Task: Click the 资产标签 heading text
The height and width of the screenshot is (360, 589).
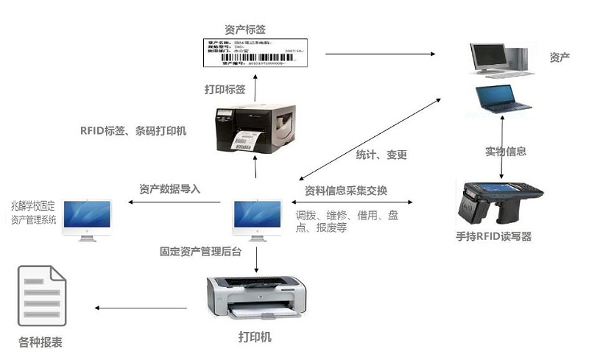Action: coord(245,29)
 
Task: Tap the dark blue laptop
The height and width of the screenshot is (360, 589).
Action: coord(502,99)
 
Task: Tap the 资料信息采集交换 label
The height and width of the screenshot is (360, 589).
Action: coord(346,190)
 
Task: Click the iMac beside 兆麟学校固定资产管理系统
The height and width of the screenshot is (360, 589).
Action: coord(87,219)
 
